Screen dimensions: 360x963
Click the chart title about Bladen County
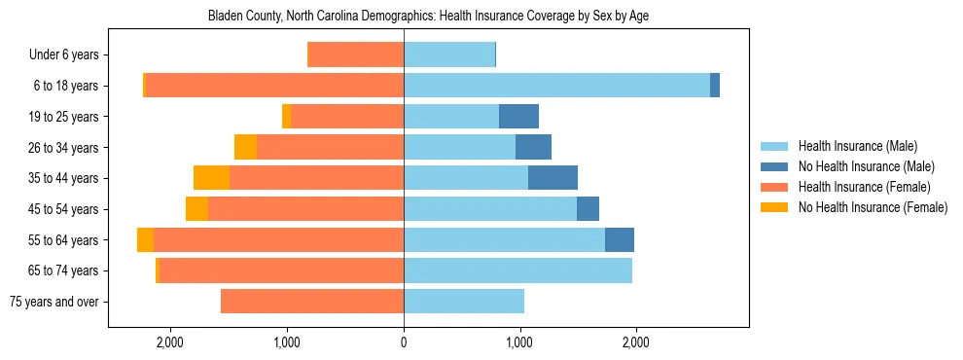428,17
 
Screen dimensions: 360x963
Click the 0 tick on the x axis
404,342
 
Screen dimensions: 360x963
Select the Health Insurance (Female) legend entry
864,187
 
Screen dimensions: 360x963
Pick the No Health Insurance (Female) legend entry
873,207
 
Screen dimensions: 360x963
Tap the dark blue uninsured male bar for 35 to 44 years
553,178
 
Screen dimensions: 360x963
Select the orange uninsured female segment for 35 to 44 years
211,178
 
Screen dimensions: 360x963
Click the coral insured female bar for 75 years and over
312,302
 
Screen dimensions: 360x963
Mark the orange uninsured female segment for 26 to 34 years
245,147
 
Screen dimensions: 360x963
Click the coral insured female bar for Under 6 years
355,55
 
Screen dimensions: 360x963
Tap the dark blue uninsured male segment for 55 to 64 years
620,240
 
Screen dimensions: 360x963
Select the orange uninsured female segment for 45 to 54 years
196,209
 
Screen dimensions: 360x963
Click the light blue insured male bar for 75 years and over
464,302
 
